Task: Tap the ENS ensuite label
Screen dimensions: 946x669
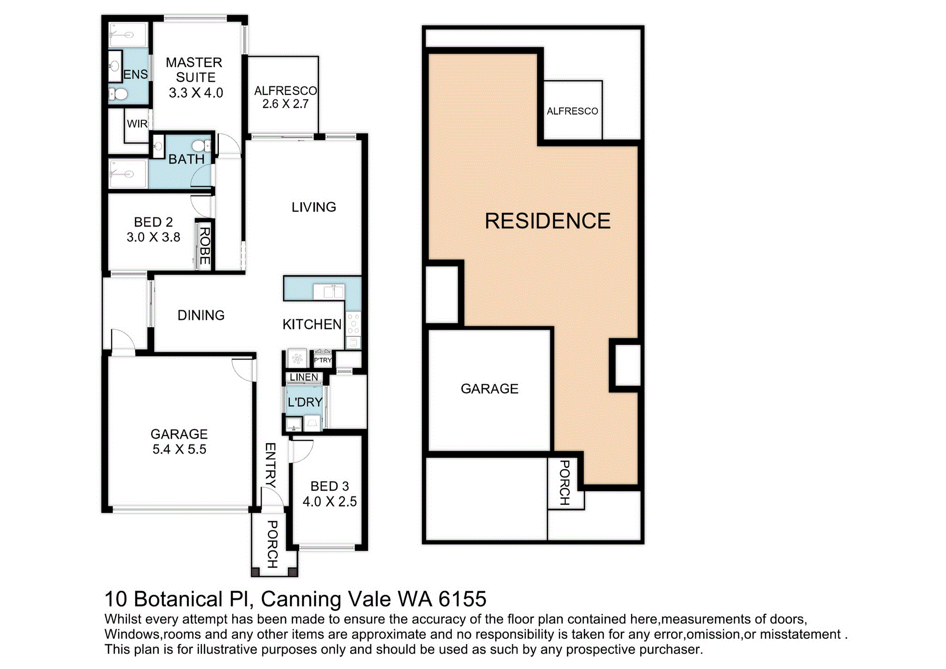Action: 135,74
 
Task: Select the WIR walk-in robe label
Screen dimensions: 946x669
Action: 137,124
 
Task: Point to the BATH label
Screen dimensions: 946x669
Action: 186,159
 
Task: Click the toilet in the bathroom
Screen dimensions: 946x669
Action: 201,145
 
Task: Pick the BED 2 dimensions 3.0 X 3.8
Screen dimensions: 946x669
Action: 153,237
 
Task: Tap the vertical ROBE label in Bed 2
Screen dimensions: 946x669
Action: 204,246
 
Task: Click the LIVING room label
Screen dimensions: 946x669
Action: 314,207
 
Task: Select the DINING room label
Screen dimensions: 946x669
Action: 201,315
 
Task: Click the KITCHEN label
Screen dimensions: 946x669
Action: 312,324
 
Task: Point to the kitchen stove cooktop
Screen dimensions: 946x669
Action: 353,324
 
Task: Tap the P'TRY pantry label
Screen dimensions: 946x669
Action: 323,360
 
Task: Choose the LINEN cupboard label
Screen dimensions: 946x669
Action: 304,377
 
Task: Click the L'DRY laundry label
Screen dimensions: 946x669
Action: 305,402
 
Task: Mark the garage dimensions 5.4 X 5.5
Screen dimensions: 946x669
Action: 179,449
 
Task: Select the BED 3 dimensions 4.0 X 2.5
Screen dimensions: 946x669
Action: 330,502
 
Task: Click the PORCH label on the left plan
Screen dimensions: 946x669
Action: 272,544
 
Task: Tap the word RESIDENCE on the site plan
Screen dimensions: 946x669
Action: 547,221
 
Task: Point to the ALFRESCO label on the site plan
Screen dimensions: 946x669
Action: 573,111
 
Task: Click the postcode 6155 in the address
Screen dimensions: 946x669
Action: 462,599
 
